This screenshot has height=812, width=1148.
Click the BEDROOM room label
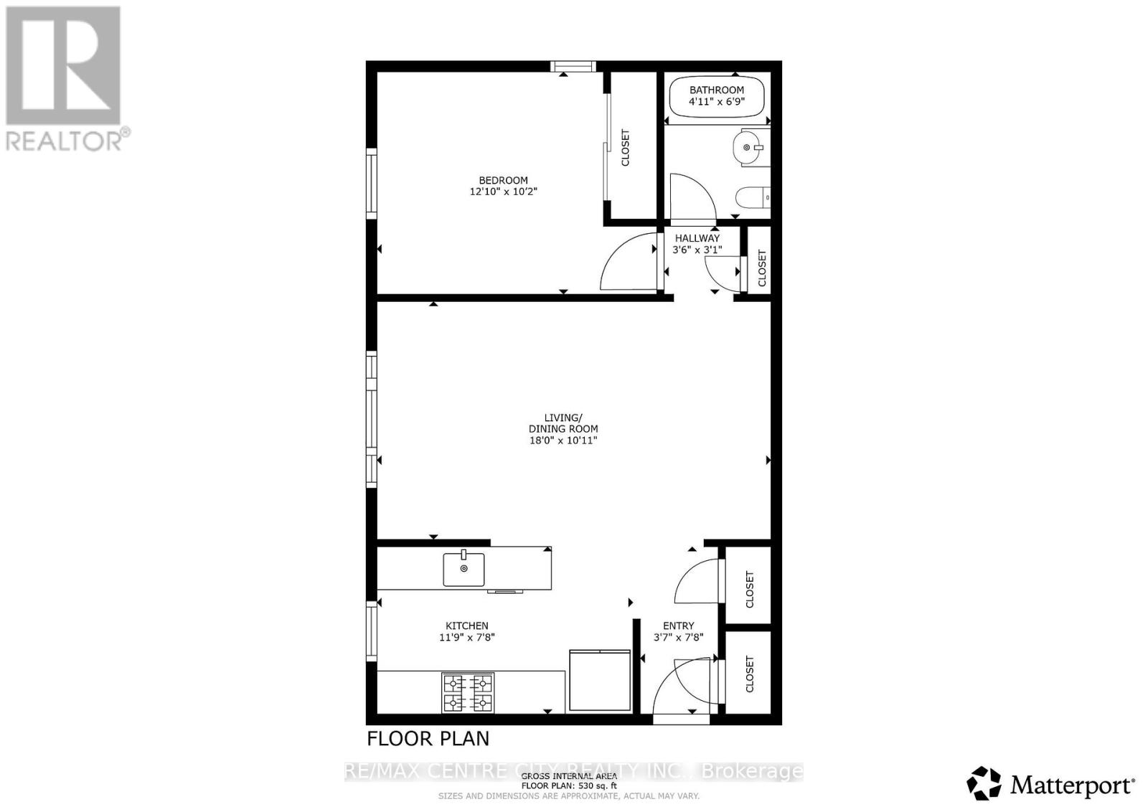503,180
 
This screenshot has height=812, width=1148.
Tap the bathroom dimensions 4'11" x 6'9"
716,102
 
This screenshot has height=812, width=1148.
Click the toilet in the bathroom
753,197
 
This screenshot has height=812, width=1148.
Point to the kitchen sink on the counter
464,570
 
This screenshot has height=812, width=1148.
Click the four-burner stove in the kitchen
468,693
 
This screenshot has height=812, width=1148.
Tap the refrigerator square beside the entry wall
599,680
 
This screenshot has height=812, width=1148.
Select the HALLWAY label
697,238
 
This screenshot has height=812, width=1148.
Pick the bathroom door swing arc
692,197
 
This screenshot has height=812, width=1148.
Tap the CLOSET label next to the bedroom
625,148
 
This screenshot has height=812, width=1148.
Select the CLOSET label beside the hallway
762,268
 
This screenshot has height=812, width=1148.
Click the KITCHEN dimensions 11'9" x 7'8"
467,637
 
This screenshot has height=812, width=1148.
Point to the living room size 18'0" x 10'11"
563,440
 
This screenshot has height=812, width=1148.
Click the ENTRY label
678,625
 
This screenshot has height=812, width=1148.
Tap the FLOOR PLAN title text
428,738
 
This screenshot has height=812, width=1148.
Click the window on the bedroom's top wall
573,67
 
